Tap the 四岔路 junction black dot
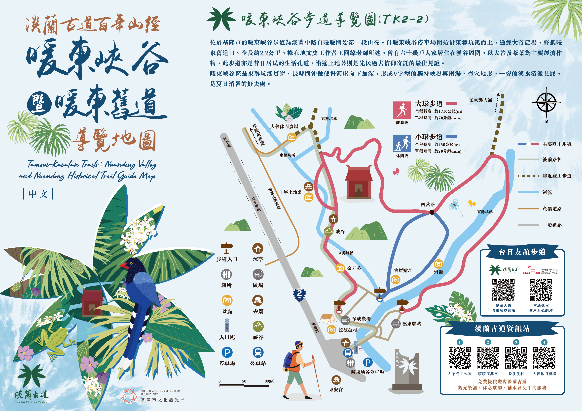(432, 212)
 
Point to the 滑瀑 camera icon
(438, 264)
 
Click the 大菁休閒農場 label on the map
(284, 126)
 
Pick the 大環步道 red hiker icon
(402, 110)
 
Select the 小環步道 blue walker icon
(402, 143)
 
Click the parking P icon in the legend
(227, 352)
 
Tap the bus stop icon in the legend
(258, 352)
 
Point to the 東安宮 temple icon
(336, 380)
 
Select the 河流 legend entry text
(547, 192)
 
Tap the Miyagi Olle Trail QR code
(541, 290)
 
